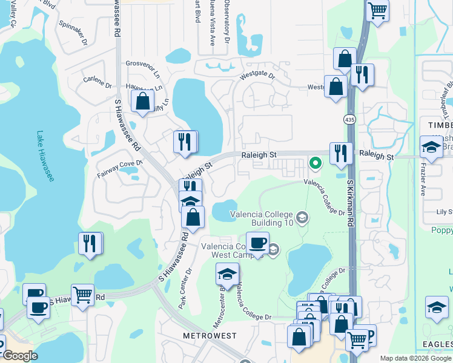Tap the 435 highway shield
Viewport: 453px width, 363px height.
coord(351,119)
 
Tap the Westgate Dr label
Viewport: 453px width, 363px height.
coord(257,76)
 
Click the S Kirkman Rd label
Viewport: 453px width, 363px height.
coord(351,203)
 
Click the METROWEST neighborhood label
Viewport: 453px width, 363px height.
coord(211,335)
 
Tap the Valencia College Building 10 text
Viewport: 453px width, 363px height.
coord(262,218)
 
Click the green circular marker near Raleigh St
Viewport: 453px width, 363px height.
coord(315,162)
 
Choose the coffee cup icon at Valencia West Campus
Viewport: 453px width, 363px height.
coord(257,243)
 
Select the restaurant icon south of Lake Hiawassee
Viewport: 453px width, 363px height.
coord(90,243)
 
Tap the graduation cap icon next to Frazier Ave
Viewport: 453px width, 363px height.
coord(431,147)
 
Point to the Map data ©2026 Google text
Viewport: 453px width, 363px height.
coord(415,358)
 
